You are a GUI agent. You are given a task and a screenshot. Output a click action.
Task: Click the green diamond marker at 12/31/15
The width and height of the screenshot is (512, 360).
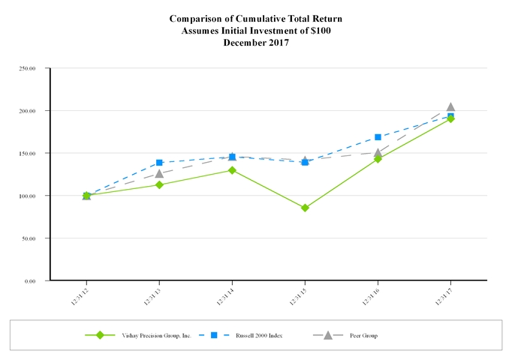click(x=305, y=208)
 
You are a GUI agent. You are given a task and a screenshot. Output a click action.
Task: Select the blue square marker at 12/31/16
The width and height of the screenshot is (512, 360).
click(x=378, y=137)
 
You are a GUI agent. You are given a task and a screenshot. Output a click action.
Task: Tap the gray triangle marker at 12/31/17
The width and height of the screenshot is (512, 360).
click(x=450, y=107)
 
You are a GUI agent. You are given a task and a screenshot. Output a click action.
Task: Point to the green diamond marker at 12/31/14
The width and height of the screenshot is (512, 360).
click(x=232, y=170)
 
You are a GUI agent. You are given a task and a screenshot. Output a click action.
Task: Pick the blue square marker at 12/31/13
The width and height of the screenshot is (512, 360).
click(x=159, y=163)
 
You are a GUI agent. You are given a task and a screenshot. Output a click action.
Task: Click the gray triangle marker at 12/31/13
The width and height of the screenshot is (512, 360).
click(x=159, y=173)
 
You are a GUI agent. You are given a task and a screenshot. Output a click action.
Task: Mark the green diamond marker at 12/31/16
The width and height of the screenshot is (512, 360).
click(x=378, y=159)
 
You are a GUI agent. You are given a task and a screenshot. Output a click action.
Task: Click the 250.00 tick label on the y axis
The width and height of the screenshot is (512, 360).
click(x=28, y=68)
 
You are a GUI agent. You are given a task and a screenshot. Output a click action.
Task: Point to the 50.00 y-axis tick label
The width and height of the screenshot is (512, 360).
click(x=29, y=238)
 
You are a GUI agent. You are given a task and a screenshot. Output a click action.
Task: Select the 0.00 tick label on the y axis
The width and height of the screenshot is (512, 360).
click(x=31, y=280)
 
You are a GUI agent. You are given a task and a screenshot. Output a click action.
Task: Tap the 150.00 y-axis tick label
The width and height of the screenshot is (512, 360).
click(x=28, y=153)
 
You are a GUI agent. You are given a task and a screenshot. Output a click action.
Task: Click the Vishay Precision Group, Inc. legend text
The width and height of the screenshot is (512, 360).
click(x=158, y=335)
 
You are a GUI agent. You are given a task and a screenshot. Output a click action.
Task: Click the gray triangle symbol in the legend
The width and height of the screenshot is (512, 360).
click(x=327, y=334)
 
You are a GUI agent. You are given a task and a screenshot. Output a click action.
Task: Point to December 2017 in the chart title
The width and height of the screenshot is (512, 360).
click(x=256, y=43)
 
